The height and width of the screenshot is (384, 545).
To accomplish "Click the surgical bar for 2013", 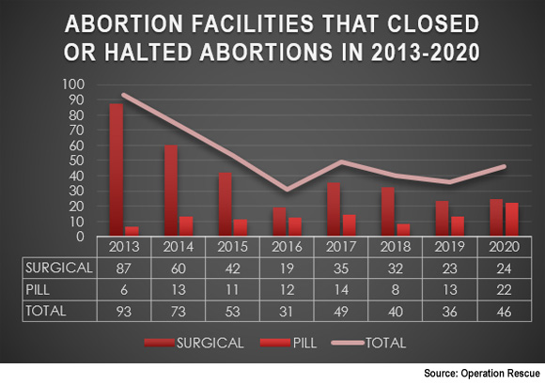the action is [117, 170].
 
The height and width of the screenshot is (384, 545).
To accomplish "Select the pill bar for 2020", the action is [511, 220].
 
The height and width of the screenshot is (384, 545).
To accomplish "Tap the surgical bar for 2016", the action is [279, 222].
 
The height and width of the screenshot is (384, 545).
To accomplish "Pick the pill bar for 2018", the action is [403, 230].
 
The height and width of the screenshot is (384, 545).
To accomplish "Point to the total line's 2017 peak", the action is [341, 161].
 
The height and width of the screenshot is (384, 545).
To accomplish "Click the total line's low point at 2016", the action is [287, 190].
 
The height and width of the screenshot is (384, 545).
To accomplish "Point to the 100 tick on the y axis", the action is [73, 84].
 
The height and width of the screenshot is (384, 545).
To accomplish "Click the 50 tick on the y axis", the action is [76, 161].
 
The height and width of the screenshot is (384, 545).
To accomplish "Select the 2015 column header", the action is [232, 247].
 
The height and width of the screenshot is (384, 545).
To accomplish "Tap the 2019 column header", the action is [449, 247].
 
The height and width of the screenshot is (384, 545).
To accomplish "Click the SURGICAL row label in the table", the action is [59, 268].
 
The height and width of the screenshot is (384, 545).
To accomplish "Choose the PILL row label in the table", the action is [38, 289].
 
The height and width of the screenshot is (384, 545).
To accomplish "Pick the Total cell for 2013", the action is [124, 312].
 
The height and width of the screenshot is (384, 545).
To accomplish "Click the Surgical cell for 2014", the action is [178, 269].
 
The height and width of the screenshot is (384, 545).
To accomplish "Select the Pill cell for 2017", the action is [340, 290].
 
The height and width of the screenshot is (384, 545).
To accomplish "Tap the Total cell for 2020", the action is [504, 312].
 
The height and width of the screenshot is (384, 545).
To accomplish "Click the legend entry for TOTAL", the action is [368, 343].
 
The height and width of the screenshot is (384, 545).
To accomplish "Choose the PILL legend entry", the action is [288, 343].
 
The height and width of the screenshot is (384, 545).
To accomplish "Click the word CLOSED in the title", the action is [433, 24].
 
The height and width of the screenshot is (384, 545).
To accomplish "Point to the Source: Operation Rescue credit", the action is [482, 374].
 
